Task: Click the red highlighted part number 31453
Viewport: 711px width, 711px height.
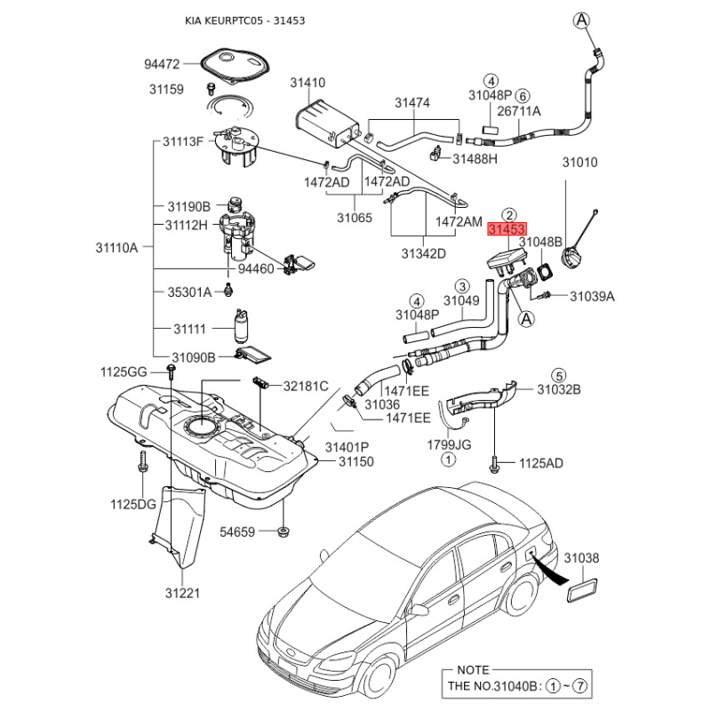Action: click(x=507, y=229)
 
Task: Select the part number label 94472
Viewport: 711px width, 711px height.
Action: click(x=163, y=64)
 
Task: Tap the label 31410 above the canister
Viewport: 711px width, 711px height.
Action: click(x=308, y=83)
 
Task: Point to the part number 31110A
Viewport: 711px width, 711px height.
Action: click(x=117, y=249)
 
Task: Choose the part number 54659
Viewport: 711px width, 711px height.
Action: click(x=237, y=532)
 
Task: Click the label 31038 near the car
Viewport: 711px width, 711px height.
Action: click(x=583, y=558)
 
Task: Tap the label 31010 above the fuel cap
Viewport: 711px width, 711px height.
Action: click(x=579, y=163)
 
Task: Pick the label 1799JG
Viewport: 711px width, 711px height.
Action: click(x=449, y=443)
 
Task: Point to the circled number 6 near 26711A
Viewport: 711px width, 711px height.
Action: click(x=523, y=95)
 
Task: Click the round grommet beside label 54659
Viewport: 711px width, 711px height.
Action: click(x=283, y=531)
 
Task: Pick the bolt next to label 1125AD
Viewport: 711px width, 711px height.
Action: click(x=494, y=463)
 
